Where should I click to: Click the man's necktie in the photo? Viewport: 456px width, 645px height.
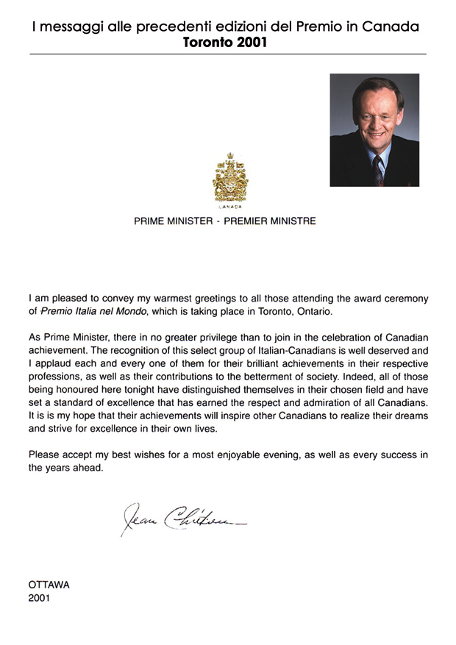click(378, 169)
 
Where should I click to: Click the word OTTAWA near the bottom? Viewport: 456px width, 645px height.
click(49, 585)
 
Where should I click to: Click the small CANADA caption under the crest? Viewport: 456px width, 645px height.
click(230, 207)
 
